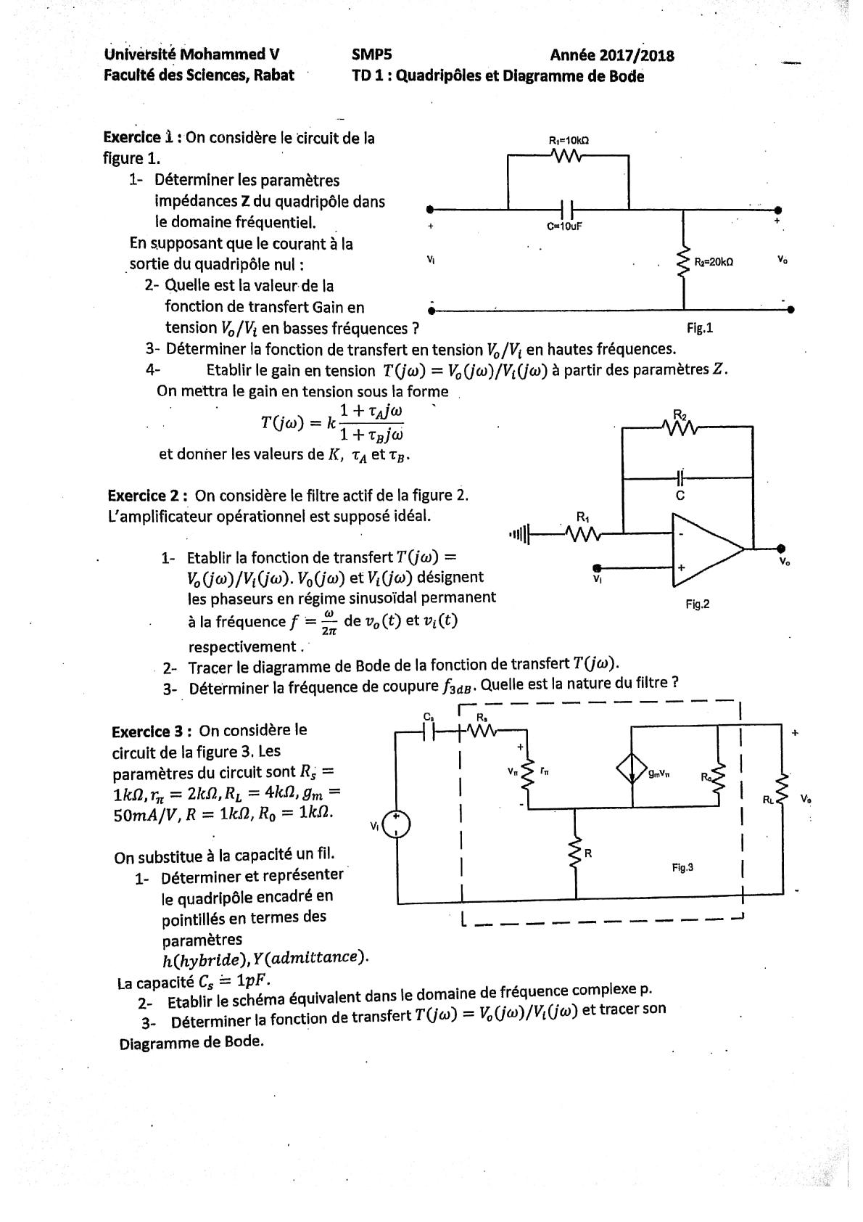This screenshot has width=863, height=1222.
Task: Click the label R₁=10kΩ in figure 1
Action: pyautogui.click(x=568, y=140)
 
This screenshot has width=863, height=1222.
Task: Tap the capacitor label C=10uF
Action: pyautogui.click(x=564, y=226)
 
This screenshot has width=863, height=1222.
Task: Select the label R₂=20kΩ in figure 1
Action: pyautogui.click(x=714, y=262)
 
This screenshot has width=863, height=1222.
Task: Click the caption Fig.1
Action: pyautogui.click(x=700, y=328)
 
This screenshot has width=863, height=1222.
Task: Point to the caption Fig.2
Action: pyautogui.click(x=697, y=604)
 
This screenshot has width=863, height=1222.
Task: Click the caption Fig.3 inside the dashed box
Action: pyautogui.click(x=682, y=867)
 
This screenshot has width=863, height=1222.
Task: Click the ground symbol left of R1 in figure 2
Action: pyautogui.click(x=519, y=535)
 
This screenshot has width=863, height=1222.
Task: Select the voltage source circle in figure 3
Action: pyautogui.click(x=397, y=824)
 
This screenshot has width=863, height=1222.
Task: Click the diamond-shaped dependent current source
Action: pyautogui.click(x=632, y=770)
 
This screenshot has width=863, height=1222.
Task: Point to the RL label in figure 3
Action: pyautogui.click(x=768, y=800)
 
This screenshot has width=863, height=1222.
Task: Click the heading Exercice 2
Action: pyautogui.click(x=148, y=496)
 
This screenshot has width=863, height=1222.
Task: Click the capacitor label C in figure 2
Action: pyautogui.click(x=680, y=496)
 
